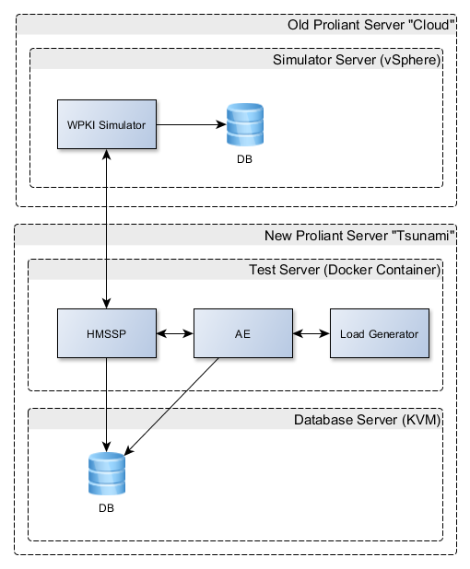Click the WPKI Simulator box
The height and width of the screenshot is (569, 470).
107,124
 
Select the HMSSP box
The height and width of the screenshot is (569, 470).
107,333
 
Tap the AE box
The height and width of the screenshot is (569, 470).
243,333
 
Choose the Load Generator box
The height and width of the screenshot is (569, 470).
380,333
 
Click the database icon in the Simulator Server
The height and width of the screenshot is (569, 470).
245,124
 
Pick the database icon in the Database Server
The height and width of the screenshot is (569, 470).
107,473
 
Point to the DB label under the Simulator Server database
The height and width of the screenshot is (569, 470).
244,159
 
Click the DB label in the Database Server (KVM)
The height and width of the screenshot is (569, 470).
106,508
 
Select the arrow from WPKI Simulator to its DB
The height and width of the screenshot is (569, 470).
192,124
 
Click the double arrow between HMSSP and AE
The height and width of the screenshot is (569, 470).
175,333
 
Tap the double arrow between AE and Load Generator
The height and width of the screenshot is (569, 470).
311,333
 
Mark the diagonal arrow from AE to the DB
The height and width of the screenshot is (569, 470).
171,406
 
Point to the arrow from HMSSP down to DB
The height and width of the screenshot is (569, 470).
106,405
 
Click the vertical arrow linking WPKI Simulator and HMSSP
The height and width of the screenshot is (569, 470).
106,228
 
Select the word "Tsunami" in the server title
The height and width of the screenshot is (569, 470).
423,236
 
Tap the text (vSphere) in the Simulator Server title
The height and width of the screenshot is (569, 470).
410,60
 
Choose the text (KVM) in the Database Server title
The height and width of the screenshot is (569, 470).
421,420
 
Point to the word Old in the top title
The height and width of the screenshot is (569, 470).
299,25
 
